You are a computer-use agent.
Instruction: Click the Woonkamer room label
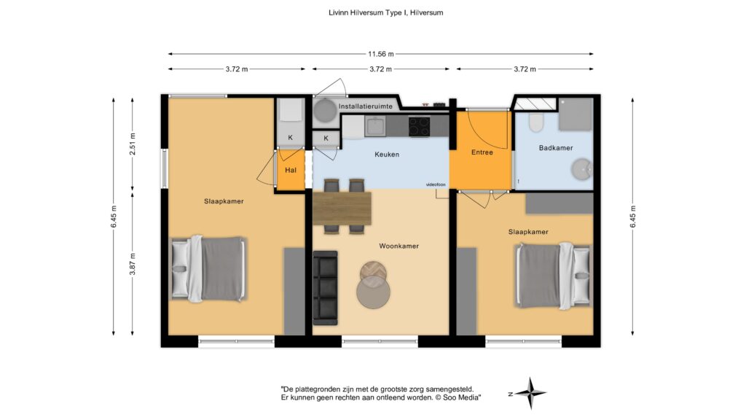(398, 246)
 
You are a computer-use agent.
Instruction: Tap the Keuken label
(387, 155)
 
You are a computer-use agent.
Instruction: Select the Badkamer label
(556, 148)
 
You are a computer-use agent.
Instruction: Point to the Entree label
(482, 152)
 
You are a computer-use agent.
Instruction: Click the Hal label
(291, 170)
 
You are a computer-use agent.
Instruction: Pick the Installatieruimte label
(366, 106)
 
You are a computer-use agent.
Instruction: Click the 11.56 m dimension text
(380, 54)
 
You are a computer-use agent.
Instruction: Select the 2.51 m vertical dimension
(133, 144)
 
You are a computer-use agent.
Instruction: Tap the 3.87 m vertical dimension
(133, 264)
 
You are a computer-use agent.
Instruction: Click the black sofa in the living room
(326, 288)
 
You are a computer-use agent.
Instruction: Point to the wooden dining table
(342, 208)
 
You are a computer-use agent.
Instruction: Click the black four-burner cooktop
(419, 127)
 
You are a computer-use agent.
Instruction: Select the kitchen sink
(375, 126)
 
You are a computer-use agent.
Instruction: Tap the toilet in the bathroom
(535, 122)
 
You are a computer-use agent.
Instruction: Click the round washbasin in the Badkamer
(581, 169)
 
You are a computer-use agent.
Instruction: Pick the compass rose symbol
(530, 393)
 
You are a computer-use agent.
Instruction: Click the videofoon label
(436, 184)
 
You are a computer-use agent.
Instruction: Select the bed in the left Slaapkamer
(208, 269)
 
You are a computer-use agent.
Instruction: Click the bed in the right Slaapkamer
(554, 276)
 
